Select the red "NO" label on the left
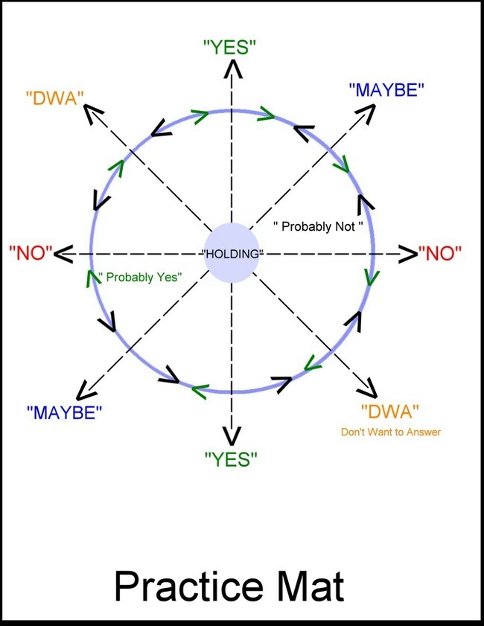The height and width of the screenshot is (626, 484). pos(30,253)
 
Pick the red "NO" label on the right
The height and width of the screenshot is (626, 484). pos(440,253)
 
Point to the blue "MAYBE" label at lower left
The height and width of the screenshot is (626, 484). pos(64,412)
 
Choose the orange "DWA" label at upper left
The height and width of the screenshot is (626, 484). pos(55,97)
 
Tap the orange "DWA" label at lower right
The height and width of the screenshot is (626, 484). pos(389,411)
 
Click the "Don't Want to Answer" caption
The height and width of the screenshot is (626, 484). pos(391,432)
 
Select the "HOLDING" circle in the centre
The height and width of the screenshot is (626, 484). pos(234,253)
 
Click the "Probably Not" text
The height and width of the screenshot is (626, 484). pos(318,226)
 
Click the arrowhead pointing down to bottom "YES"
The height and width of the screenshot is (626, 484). pos(233,436)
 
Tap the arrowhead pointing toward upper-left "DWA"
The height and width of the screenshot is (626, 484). pos(93,112)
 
